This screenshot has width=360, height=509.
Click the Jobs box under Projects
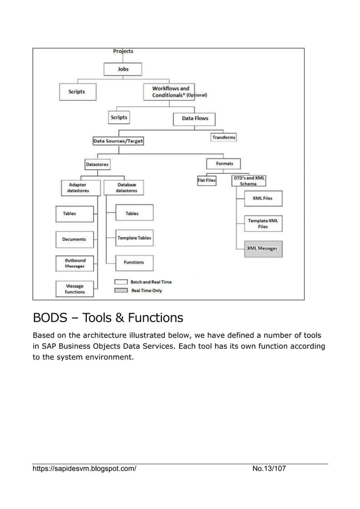click(x=123, y=69)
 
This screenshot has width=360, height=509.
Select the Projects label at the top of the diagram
click(x=123, y=51)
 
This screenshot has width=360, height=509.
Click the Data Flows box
click(x=194, y=119)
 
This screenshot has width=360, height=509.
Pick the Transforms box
click(x=224, y=137)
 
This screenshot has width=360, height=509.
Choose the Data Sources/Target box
click(x=118, y=141)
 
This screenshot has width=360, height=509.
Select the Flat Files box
click(x=206, y=181)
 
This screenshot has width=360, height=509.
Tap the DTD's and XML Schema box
click(x=249, y=181)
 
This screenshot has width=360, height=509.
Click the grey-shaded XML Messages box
click(x=263, y=249)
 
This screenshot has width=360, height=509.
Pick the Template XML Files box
click(x=263, y=223)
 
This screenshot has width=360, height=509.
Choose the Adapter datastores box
click(x=78, y=187)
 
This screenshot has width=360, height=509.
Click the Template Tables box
click(x=134, y=238)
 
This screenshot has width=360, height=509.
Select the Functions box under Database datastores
click(x=134, y=262)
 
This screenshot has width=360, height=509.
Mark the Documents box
click(x=74, y=239)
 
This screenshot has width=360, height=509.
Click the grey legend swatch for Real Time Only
click(x=121, y=291)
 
